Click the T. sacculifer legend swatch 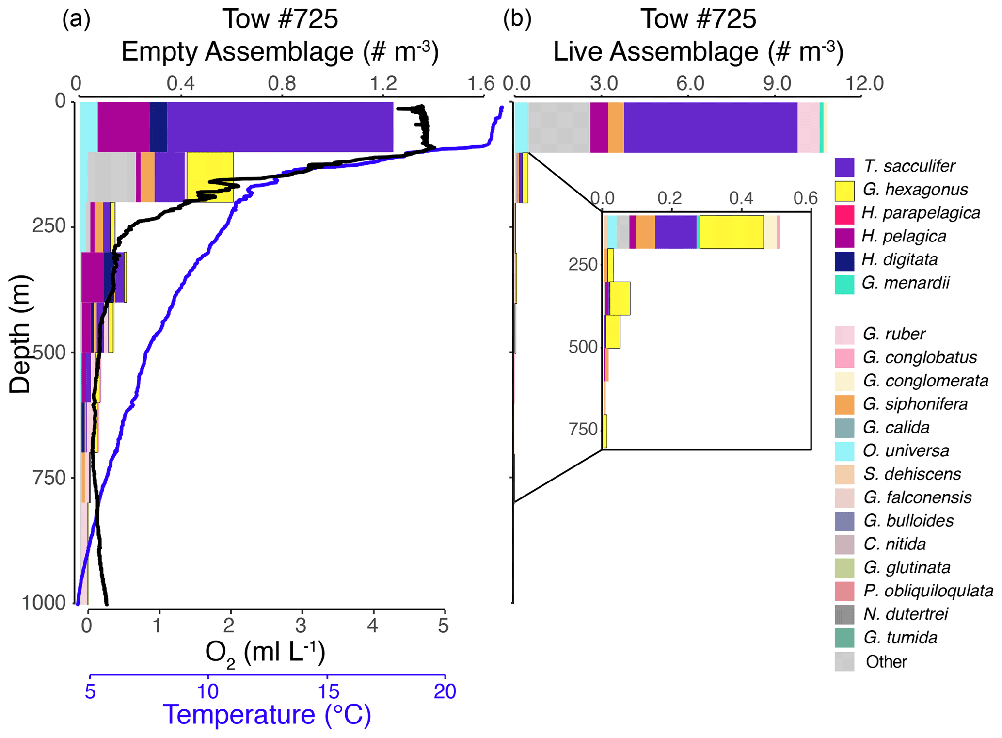(844, 167)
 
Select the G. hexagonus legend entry (915, 190)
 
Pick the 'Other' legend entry (886, 662)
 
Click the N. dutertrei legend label (905, 614)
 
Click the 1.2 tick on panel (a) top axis (383, 83)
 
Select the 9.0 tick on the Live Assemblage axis (777, 83)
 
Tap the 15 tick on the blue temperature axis (327, 691)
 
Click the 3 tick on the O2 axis (301, 626)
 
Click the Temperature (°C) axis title (267, 715)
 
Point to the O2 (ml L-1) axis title (265, 653)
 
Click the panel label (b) (517, 19)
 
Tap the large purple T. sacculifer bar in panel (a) (280, 127)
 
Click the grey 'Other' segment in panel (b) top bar (559, 127)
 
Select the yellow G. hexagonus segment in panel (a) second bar (210, 177)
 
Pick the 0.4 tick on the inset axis (741, 198)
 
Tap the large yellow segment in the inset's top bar (732, 232)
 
